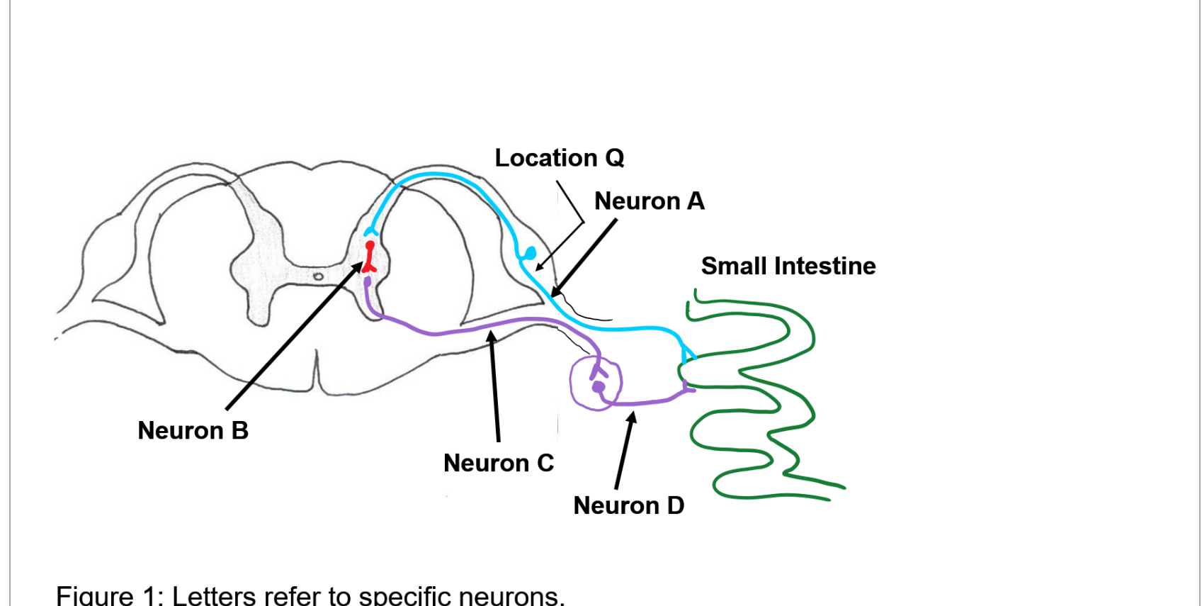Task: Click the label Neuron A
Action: (649, 201)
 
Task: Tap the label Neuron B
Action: (193, 430)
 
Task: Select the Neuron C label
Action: (498, 463)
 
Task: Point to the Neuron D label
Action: (628, 505)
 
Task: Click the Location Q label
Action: (559, 157)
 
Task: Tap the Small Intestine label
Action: (788, 266)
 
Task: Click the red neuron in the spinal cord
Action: (369, 257)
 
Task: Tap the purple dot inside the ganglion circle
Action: (599, 387)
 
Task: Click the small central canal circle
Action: (318, 276)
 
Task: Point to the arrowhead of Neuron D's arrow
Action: (632, 416)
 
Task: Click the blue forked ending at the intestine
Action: (687, 352)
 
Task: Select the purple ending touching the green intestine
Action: (688, 388)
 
